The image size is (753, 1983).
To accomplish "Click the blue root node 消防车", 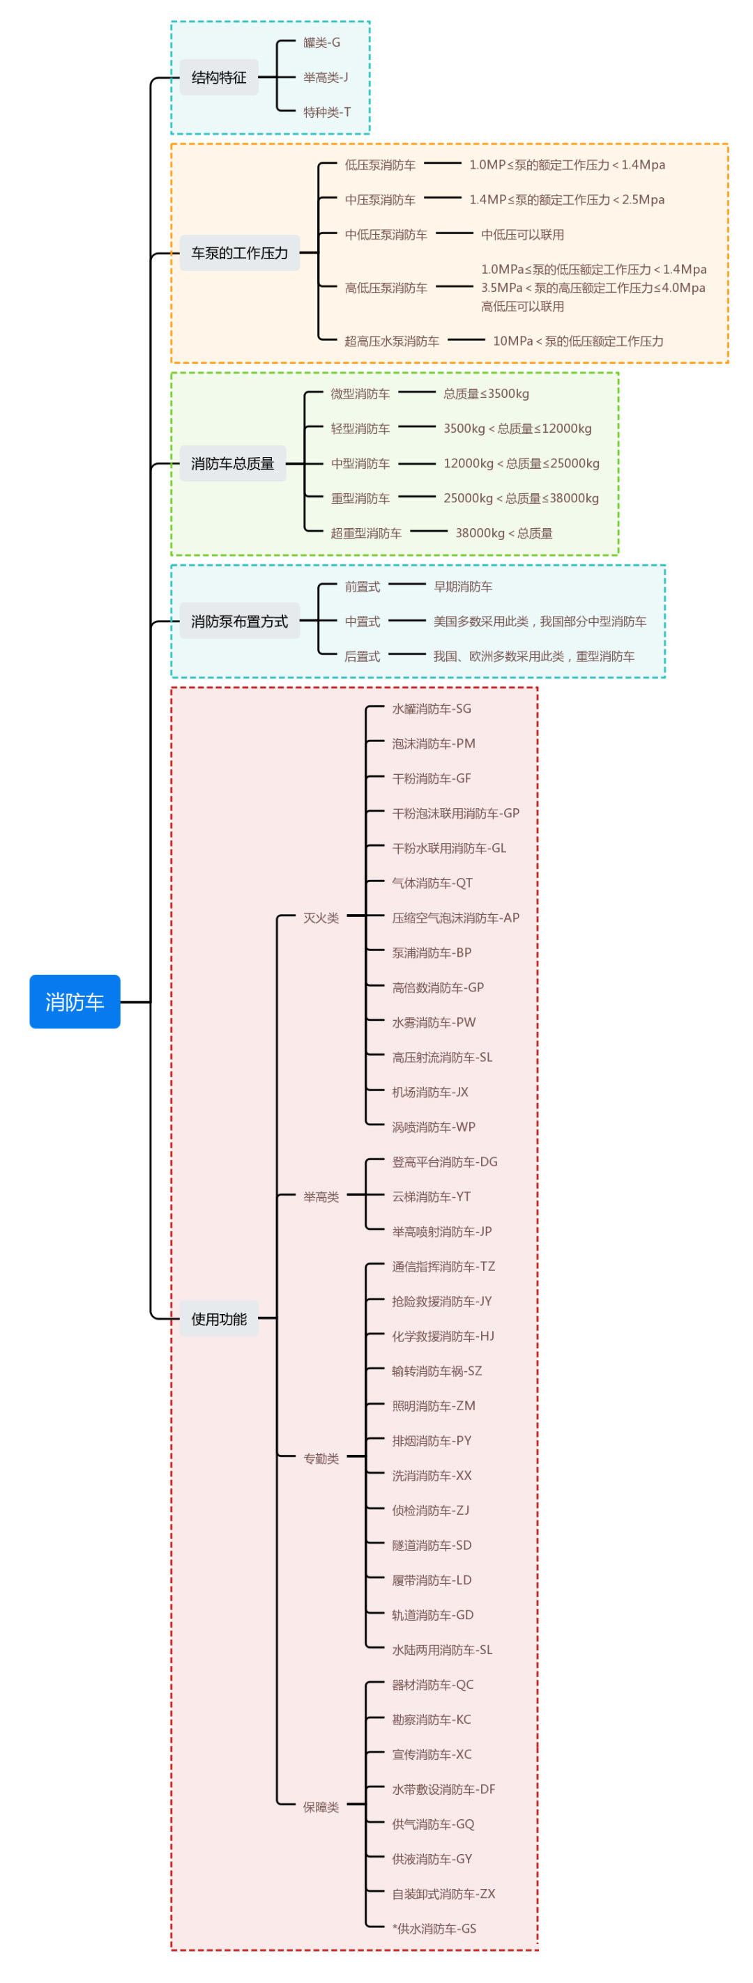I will [75, 1001].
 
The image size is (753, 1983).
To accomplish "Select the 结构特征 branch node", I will [219, 78].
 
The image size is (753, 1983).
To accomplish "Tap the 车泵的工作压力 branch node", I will [239, 253].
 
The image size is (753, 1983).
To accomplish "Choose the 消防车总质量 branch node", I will [232, 463].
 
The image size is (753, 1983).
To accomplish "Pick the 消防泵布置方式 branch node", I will [239, 622].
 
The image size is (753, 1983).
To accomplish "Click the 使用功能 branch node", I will [219, 1320].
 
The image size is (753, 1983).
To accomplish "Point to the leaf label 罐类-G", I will [321, 43].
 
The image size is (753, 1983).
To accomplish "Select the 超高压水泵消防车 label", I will [391, 341].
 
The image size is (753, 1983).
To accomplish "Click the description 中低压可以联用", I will [522, 235].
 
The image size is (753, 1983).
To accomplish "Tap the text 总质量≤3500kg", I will [486, 394].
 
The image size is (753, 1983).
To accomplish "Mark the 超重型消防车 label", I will [366, 534].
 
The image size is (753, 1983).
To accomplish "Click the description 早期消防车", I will [463, 587].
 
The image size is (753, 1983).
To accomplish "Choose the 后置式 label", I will [362, 656].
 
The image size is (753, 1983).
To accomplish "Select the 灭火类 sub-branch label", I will [321, 918].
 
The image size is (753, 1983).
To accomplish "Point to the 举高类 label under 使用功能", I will [321, 1197].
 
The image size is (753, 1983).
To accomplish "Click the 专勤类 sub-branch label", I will [321, 1459].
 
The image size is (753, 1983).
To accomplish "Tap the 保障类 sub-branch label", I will [321, 1807].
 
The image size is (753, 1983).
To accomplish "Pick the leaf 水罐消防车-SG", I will [431, 709].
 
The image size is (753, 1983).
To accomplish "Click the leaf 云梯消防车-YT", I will [431, 1197].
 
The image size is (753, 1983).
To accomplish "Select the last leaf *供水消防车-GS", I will [434, 1929].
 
